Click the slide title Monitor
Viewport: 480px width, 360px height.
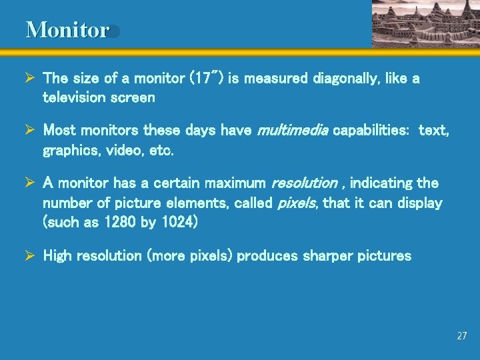[67, 30]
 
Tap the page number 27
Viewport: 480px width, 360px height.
[462, 336]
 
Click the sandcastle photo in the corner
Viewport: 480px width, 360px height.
[425, 23]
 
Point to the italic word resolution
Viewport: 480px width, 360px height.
[302, 183]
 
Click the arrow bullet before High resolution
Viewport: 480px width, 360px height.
[30, 255]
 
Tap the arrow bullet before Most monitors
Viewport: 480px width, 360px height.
[30, 131]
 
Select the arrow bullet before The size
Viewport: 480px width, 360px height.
[30, 79]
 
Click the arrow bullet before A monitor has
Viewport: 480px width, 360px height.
[30, 183]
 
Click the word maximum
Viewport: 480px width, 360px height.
[235, 183]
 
